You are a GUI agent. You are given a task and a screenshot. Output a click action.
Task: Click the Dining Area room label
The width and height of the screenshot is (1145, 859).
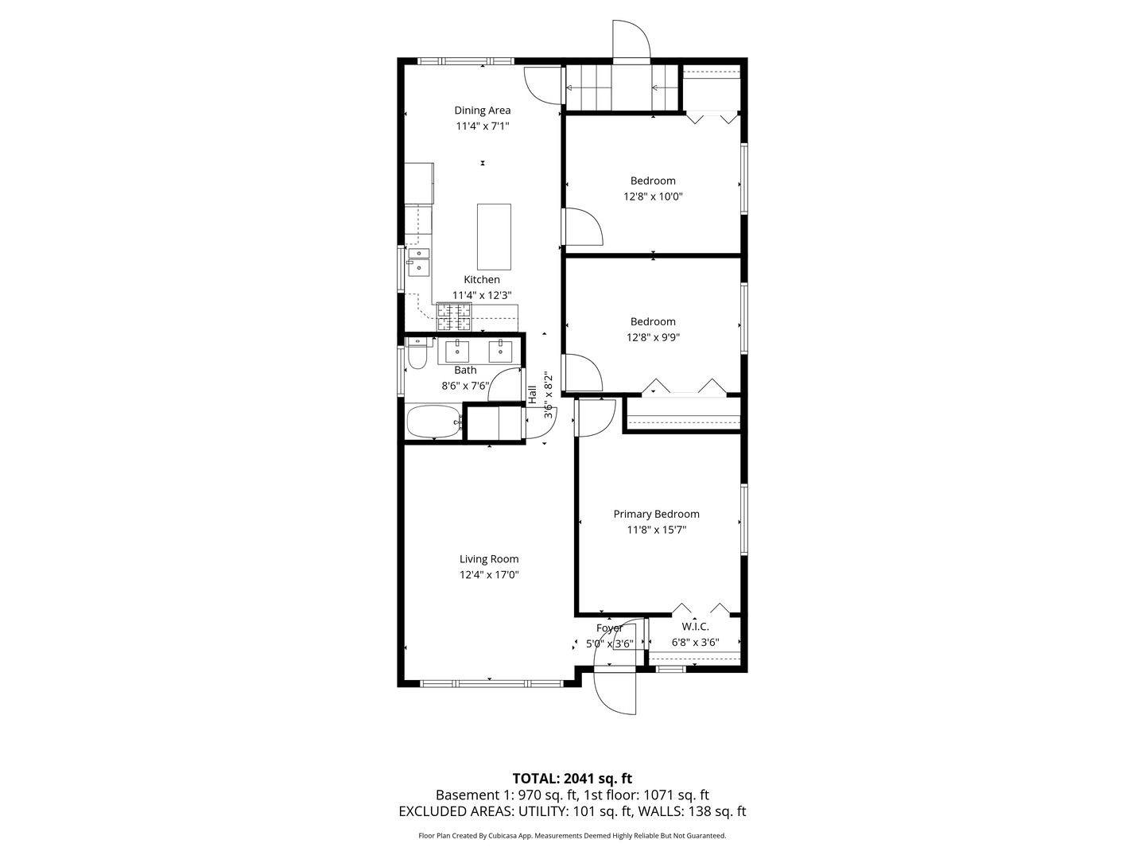coord(482,111)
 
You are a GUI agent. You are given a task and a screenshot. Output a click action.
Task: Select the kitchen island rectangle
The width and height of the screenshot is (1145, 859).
coord(494,237)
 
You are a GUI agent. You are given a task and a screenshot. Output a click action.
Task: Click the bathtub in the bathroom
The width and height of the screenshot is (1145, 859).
coord(434,422)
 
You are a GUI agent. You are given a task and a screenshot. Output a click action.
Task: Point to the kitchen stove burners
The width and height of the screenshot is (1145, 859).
coord(453,318)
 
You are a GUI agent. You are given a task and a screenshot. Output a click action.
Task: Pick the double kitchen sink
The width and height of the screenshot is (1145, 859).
coord(418,262)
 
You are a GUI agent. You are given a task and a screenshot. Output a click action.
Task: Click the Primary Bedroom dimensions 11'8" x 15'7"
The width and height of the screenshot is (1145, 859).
coord(656,530)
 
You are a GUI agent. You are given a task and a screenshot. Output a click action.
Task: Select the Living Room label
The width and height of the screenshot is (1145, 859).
coord(489,559)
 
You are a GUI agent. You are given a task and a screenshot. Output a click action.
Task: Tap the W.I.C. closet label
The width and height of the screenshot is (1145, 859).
coord(695,627)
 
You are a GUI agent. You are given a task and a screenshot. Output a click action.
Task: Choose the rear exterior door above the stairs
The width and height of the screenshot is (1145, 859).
coord(631,41)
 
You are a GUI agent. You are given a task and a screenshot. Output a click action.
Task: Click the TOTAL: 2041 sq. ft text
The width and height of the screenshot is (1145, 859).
coord(572,779)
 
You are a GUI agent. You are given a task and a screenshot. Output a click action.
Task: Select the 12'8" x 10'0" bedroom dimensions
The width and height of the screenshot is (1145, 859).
coord(653,196)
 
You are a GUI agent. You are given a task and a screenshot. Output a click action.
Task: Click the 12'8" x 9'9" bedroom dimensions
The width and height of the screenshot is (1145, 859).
coord(653,337)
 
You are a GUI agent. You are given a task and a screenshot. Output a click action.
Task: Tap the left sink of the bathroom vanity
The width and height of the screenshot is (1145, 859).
coord(456,350)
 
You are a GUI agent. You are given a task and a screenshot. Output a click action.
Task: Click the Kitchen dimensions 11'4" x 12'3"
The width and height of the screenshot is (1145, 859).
coord(482,295)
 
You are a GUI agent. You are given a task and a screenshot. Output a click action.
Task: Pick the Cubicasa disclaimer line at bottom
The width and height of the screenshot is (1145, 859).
coord(572,836)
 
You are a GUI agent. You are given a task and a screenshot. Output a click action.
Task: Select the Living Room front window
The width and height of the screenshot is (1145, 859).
coord(491,682)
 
